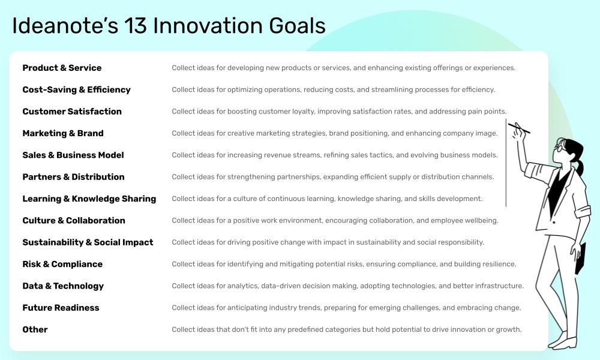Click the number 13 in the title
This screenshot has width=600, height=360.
137,26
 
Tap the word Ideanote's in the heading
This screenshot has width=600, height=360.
64,26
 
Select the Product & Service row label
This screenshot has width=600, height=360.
62,68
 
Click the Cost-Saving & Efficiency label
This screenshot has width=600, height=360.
76,89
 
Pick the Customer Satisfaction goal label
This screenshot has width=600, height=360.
72,112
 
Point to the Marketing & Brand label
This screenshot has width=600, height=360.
63,133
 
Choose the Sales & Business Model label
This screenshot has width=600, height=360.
73,155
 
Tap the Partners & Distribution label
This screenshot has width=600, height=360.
73,177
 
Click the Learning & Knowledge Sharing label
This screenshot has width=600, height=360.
89,199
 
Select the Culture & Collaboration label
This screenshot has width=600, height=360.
74,220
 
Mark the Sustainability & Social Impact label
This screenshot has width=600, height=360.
88,242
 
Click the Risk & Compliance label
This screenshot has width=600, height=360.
62,264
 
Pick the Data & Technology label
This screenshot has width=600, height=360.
63,286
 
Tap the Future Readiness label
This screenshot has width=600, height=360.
61,308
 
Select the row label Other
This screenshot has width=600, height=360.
35,329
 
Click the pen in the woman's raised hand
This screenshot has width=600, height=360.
519,128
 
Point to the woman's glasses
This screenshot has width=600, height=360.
560,146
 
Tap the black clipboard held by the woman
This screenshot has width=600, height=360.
580,259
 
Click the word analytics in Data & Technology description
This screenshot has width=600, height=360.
242,286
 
